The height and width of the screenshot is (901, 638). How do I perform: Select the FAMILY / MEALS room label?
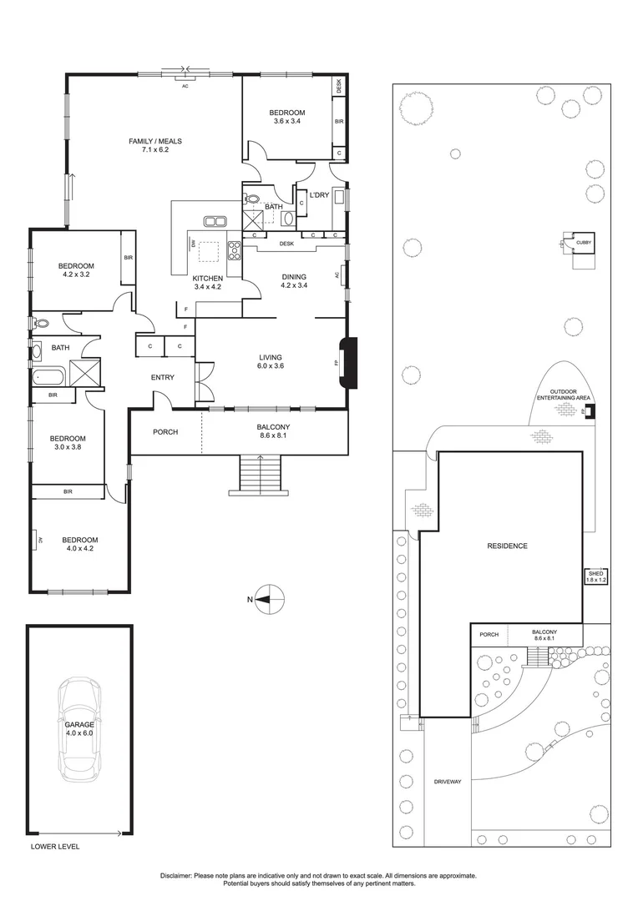click(154, 146)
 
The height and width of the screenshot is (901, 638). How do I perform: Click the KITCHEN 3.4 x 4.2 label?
click(208, 283)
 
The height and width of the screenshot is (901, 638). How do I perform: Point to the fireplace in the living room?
click(347, 362)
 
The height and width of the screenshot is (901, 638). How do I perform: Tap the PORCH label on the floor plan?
click(165, 432)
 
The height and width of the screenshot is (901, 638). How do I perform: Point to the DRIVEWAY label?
click(448, 782)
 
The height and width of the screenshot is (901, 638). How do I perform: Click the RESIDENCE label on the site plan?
click(508, 546)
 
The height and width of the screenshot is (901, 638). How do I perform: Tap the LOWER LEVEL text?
click(55, 846)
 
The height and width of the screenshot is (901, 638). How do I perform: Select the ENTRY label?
click(163, 378)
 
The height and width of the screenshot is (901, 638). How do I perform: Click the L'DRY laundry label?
click(319, 194)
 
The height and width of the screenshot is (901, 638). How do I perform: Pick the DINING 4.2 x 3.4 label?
click(294, 281)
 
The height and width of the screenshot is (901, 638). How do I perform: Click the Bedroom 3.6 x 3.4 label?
click(286, 117)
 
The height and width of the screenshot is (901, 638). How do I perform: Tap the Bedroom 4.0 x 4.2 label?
click(80, 545)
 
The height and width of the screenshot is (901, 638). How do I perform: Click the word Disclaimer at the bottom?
click(176, 875)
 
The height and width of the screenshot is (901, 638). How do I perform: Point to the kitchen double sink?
click(215, 221)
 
